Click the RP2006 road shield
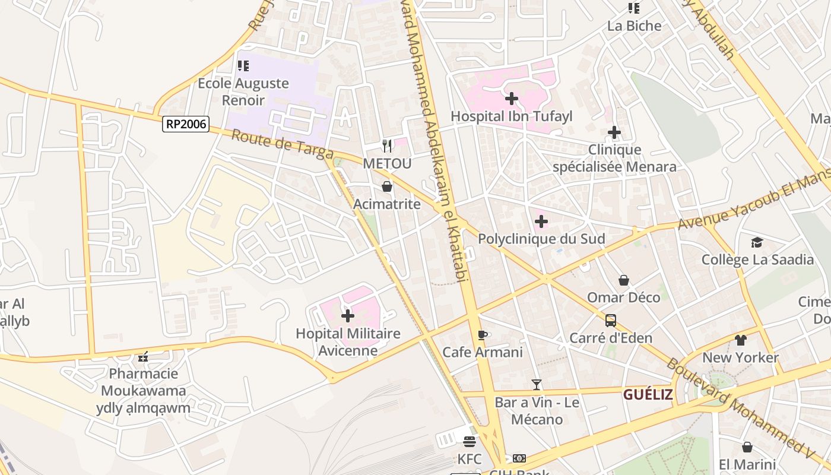(186, 124)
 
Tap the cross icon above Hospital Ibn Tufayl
(512, 99)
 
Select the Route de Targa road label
(281, 145)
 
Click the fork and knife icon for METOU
(387, 145)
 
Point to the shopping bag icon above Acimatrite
(387, 187)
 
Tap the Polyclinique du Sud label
(541, 239)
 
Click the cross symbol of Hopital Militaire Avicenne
(348, 316)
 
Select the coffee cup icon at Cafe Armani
(483, 335)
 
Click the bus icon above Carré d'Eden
(610, 321)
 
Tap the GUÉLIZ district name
(648, 395)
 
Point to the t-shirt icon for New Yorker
(740, 340)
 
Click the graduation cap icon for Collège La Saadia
(757, 242)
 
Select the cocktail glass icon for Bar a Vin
(537, 385)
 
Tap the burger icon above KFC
(470, 442)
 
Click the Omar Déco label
(623, 297)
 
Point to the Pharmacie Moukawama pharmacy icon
(143, 357)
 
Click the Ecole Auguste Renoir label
(243, 91)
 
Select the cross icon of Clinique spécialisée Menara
(614, 132)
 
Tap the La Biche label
(634, 26)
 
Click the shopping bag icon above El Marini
(747, 447)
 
